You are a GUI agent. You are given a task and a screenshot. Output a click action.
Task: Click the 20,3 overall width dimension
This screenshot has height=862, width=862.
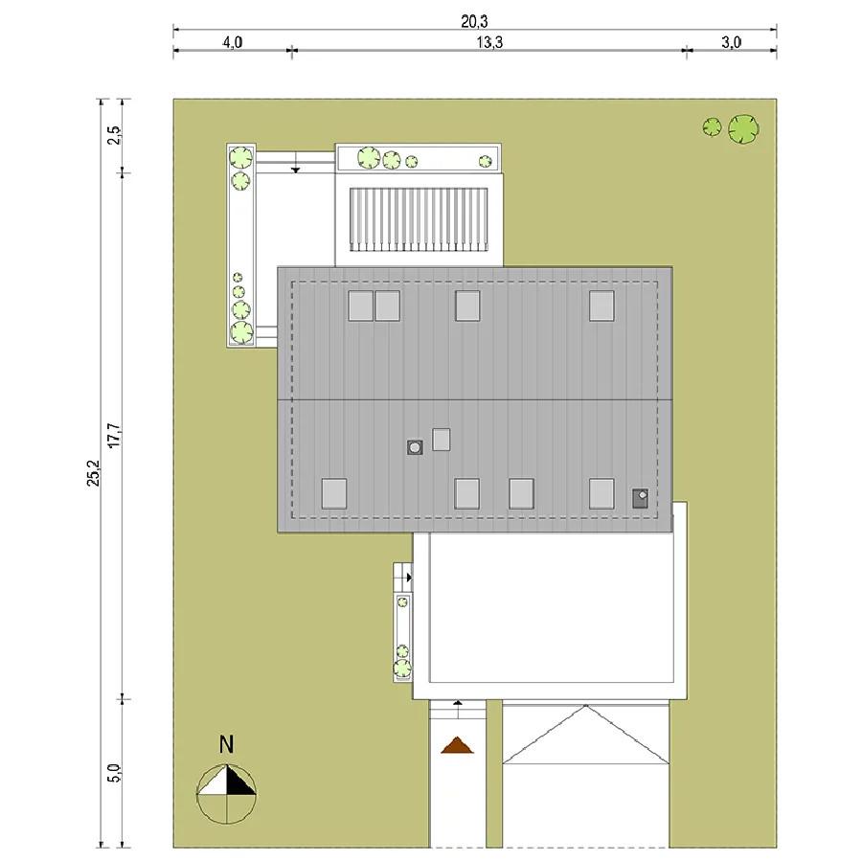[x=474, y=21]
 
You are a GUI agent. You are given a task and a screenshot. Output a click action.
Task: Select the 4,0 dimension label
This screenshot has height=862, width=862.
[x=233, y=42]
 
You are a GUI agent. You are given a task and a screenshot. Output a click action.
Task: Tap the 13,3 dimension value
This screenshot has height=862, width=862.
[x=489, y=42]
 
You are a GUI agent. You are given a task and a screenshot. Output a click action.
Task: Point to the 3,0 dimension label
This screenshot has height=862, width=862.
[x=731, y=42]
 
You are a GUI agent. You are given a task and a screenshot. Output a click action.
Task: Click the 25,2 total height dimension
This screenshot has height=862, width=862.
[x=94, y=473]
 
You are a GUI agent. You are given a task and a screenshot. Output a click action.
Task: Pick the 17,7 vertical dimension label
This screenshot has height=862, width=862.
[x=114, y=435]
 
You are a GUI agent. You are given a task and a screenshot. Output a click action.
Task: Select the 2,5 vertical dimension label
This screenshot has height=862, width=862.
[x=114, y=135]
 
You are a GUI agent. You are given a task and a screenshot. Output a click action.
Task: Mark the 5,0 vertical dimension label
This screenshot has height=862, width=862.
[x=114, y=773]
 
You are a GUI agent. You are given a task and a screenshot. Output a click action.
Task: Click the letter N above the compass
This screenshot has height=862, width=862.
[x=226, y=744]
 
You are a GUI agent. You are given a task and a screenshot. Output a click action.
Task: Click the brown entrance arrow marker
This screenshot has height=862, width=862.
[x=458, y=745]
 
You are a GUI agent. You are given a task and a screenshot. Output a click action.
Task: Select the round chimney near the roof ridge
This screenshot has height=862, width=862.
[x=415, y=447]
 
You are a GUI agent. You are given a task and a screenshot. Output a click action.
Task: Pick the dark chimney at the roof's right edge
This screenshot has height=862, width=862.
[x=640, y=498]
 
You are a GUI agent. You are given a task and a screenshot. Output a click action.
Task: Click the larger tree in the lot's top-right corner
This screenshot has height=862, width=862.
[x=744, y=129]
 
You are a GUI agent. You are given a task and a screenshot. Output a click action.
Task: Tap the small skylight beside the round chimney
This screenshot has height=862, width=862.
[x=441, y=440]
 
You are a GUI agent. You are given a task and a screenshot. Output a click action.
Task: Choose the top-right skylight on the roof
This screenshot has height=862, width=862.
[x=602, y=306]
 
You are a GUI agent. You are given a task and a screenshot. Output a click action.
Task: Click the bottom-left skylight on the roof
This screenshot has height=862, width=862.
[x=334, y=493]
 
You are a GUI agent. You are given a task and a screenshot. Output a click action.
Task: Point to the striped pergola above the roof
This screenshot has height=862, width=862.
[x=419, y=220]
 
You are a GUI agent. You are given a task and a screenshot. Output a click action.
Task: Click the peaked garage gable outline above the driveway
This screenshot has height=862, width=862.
[x=586, y=735]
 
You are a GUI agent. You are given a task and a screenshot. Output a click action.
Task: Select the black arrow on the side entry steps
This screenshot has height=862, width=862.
[x=410, y=578]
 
